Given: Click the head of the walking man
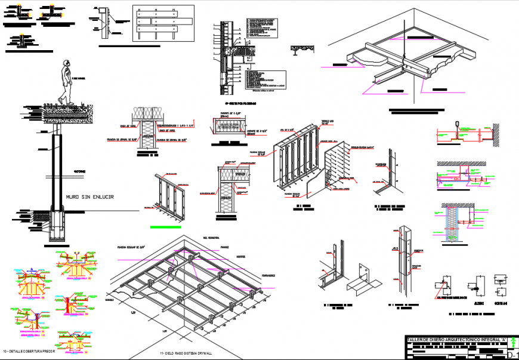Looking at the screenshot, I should pyautogui.click(x=66, y=64).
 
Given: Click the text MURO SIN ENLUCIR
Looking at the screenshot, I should pyautogui.click(x=89, y=196).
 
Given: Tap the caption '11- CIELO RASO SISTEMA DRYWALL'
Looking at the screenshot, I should pyautogui.click(x=186, y=354).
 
